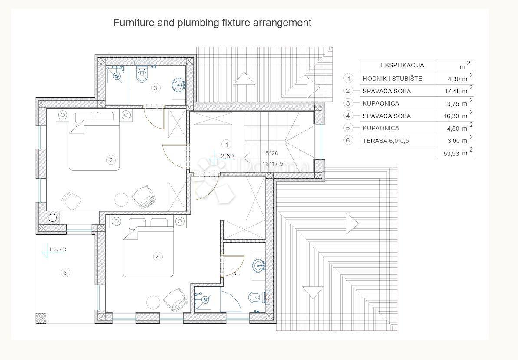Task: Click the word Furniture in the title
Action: (x=132, y=23)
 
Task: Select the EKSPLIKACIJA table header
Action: (x=402, y=66)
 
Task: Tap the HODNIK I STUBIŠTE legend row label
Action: (x=392, y=79)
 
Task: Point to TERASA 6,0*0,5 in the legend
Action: (x=386, y=140)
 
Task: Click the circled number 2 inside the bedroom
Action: (x=111, y=160)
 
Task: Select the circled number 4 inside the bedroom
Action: (x=157, y=257)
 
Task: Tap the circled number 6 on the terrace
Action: (x=65, y=273)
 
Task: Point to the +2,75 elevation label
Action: (x=57, y=249)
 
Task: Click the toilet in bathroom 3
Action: (x=141, y=75)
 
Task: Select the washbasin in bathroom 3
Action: (x=178, y=83)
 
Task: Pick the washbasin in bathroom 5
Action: (x=259, y=265)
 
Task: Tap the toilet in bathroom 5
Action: (x=256, y=297)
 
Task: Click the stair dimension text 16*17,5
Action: (x=273, y=164)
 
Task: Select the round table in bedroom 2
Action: (x=122, y=199)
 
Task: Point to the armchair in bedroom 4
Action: (x=176, y=299)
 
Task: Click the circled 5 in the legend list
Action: (x=348, y=128)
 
